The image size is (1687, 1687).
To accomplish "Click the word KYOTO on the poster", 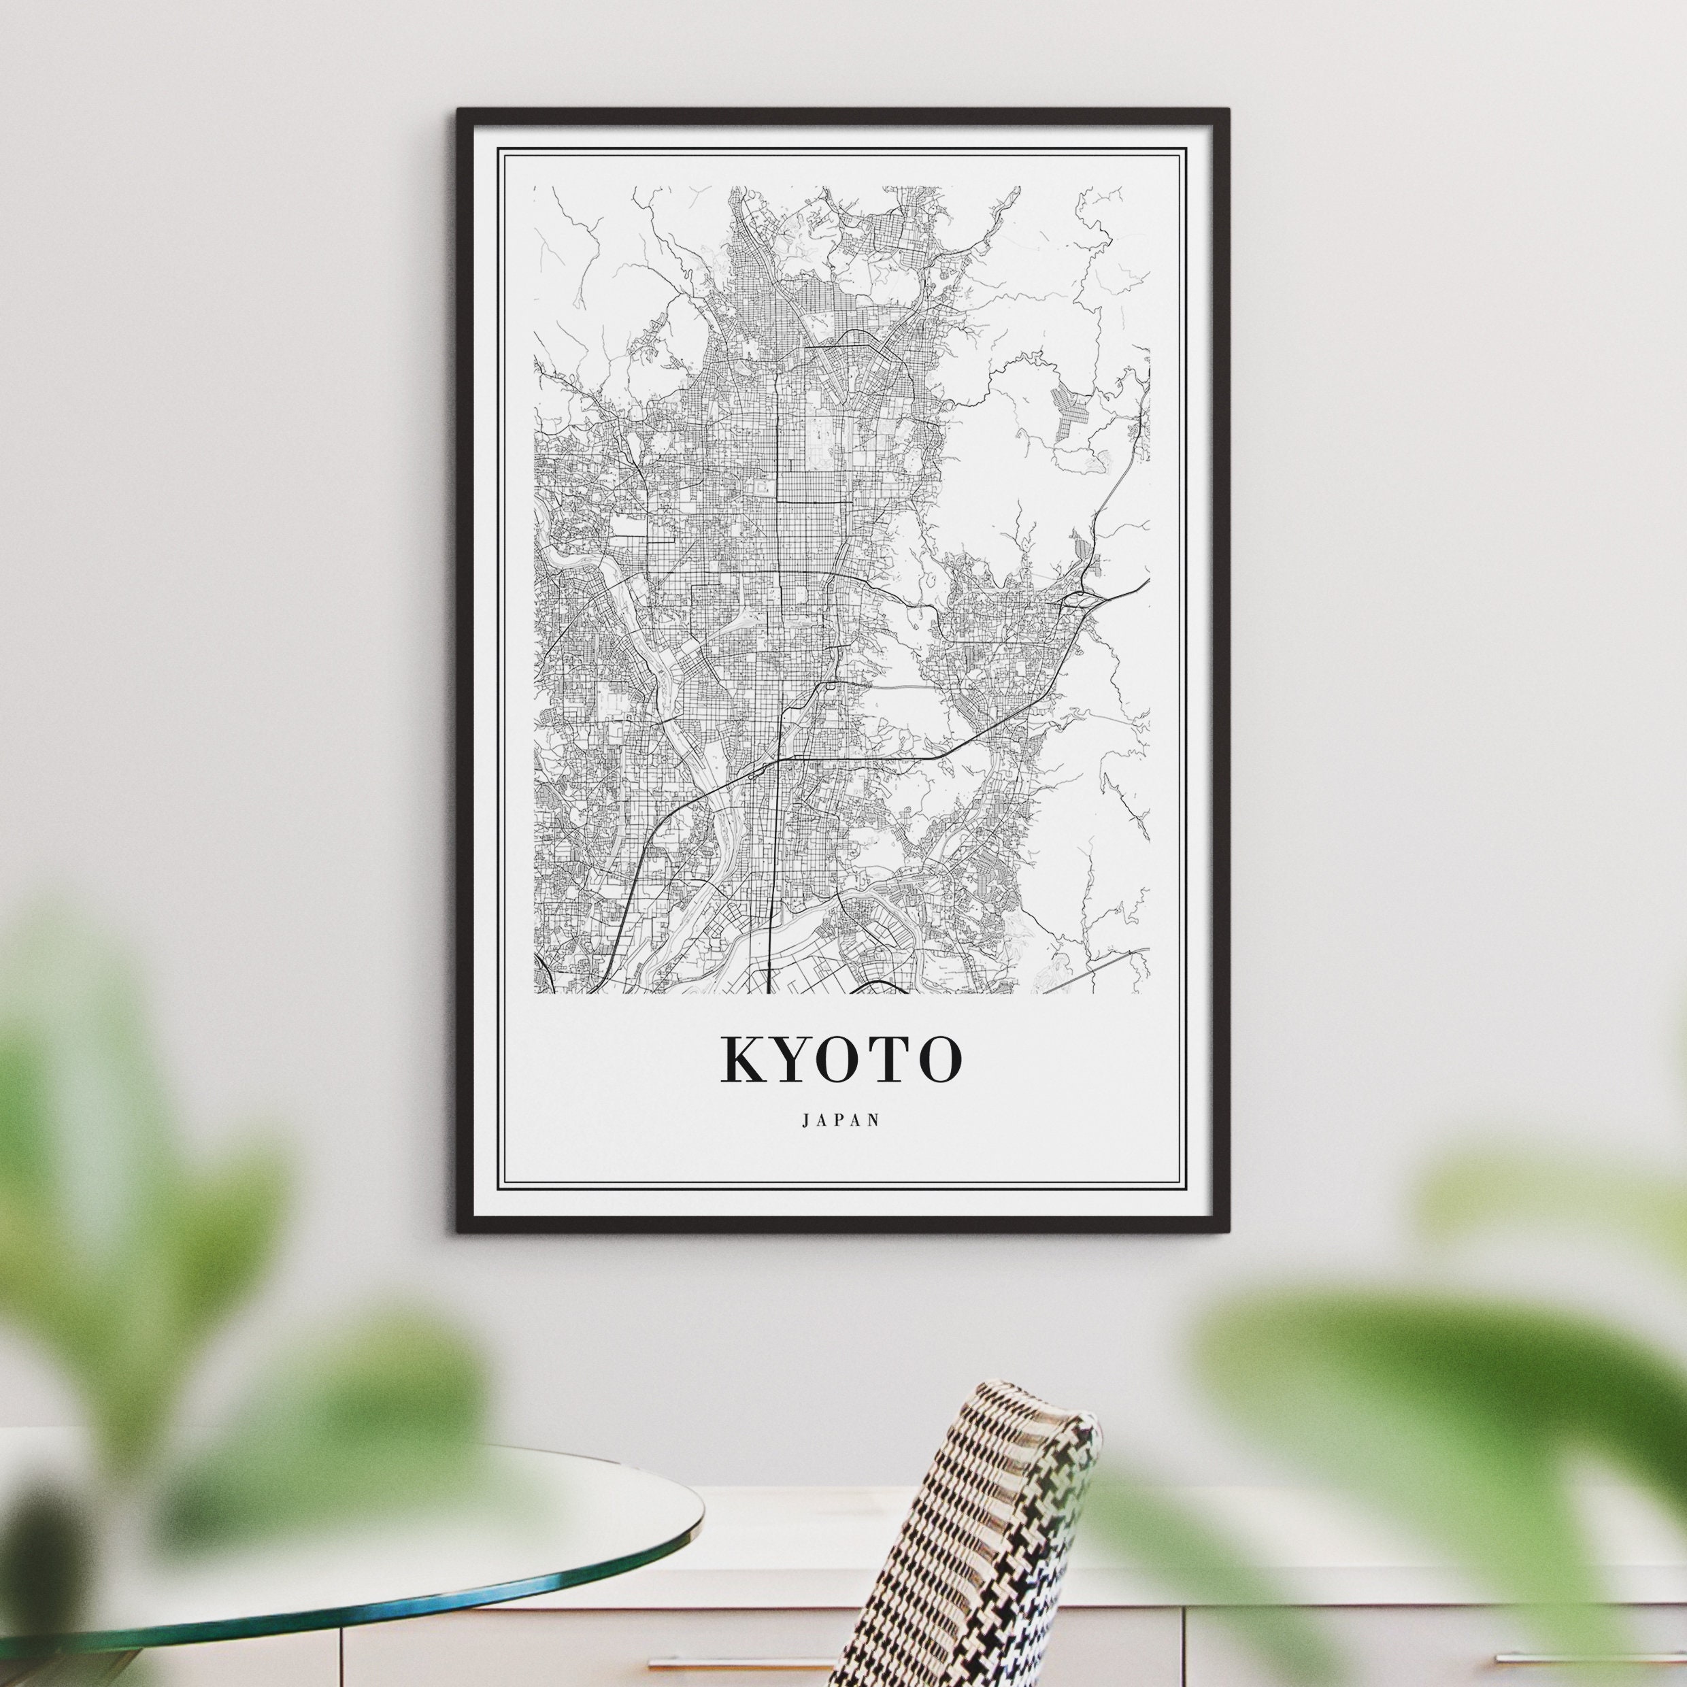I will pyautogui.click(x=841, y=1059).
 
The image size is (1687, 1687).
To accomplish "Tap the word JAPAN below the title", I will pyautogui.click(x=841, y=1120).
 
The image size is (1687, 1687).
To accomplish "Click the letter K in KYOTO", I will pyautogui.click(x=741, y=1059).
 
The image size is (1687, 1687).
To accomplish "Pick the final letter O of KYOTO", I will pyautogui.click(x=939, y=1059).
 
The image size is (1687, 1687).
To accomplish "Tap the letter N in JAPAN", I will pyautogui.click(x=875, y=1120).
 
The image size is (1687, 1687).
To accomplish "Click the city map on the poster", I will pyautogui.click(x=841, y=585).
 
